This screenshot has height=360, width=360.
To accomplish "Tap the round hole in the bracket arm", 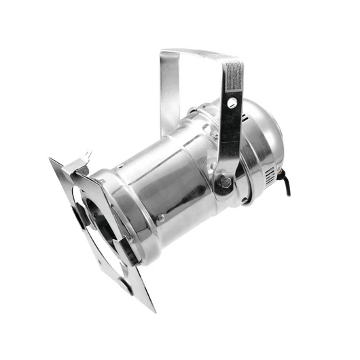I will (x=232, y=103).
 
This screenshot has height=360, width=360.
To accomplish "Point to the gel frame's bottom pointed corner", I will (x=154, y=309).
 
